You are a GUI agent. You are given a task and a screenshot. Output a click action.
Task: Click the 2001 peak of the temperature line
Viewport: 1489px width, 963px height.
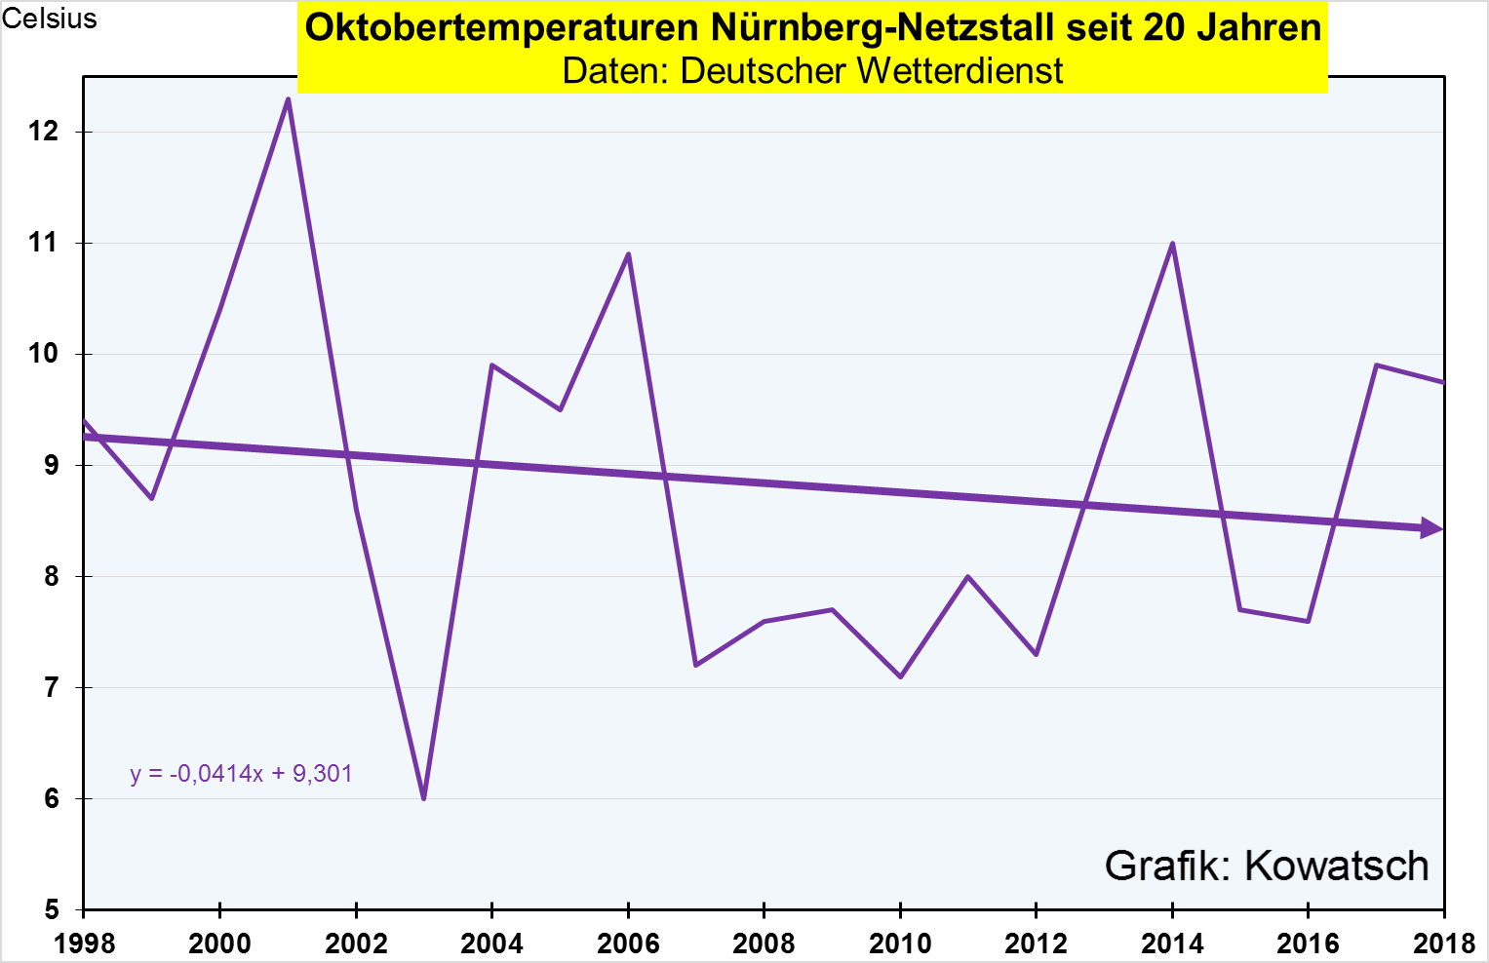pyautogui.click(x=288, y=98)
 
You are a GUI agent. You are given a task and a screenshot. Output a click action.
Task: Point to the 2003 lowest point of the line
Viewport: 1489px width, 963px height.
pyautogui.click(x=423, y=798)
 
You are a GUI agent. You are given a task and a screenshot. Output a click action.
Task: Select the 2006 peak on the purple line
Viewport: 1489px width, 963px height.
pyautogui.click(x=628, y=254)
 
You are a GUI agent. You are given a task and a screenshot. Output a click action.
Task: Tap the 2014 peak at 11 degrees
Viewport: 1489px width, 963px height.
pyautogui.click(x=1172, y=244)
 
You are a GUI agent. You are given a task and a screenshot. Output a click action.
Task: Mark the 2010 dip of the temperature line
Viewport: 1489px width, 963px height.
pyautogui.click(x=900, y=676)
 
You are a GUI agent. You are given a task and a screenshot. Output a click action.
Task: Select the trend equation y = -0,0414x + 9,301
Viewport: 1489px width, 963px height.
pyautogui.click(x=241, y=774)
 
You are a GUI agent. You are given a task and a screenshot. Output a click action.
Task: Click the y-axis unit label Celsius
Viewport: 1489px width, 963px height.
pyautogui.click(x=50, y=19)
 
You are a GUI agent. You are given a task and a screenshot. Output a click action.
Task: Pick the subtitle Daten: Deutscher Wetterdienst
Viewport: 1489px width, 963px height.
pyautogui.click(x=812, y=70)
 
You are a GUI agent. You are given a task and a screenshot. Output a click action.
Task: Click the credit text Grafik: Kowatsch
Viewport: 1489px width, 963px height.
pyautogui.click(x=1266, y=866)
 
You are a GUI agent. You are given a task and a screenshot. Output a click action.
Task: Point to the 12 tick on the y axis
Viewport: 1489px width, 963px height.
pyautogui.click(x=45, y=132)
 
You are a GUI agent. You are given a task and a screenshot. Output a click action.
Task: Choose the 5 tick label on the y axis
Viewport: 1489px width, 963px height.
pyautogui.click(x=52, y=909)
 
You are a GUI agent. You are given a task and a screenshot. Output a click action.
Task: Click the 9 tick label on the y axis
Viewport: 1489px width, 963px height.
pyautogui.click(x=52, y=465)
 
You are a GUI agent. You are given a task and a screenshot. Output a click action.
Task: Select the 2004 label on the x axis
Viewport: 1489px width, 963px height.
pyautogui.click(x=491, y=943)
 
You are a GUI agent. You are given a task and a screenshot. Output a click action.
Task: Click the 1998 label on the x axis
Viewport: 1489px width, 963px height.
pyautogui.click(x=84, y=943)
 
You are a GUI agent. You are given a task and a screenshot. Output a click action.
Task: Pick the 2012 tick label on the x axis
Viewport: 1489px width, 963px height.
pyautogui.click(x=1036, y=943)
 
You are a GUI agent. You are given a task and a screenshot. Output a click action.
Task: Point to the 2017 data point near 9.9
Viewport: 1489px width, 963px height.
pyautogui.click(x=1376, y=366)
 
